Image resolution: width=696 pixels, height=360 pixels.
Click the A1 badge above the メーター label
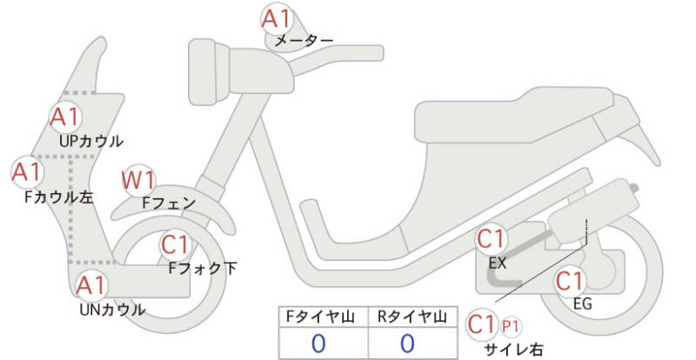tap(276, 18)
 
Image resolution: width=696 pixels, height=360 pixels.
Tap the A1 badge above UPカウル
tap(65, 117)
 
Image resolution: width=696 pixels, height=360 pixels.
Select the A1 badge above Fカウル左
tap(27, 172)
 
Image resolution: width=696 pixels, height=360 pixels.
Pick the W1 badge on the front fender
tap(138, 180)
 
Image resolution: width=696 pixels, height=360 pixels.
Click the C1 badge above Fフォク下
tap(176, 244)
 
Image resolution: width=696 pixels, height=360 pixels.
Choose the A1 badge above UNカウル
tap(92, 286)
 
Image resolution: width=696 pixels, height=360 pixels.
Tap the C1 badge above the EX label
tap(492, 239)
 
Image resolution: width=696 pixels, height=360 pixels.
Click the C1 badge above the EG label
tap(570, 281)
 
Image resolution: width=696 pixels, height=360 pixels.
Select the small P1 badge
tap(511, 327)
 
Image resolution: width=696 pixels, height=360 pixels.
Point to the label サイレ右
tap(513, 350)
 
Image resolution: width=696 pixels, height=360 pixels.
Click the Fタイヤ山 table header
tap(320, 317)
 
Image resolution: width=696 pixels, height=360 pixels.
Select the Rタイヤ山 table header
tap(412, 317)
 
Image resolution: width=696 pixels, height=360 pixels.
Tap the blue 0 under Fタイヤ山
tap(318, 343)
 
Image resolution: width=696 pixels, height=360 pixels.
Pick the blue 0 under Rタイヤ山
tap(407, 343)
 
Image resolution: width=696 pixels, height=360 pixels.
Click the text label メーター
tap(304, 41)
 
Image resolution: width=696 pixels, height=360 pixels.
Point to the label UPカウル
tap(91, 141)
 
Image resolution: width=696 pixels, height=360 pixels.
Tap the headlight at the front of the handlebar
tap(209, 72)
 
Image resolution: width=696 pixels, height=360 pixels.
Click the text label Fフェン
tap(169, 203)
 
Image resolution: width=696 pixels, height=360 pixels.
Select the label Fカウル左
tap(59, 197)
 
